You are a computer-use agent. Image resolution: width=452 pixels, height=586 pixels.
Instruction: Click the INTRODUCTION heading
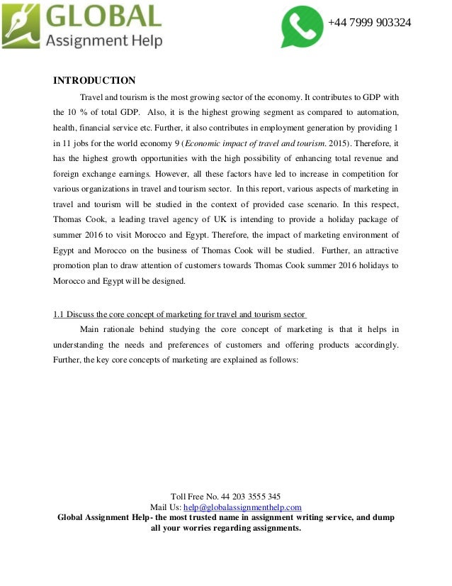94,80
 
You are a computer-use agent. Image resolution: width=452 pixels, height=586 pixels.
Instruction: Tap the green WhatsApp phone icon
302,27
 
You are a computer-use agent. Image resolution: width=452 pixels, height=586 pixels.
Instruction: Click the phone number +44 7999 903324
369,23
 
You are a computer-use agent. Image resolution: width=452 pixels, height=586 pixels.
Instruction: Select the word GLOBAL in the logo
104,16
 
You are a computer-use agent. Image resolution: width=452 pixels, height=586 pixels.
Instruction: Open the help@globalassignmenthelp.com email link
242,507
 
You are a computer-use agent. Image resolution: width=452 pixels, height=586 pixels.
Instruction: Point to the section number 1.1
60,314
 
